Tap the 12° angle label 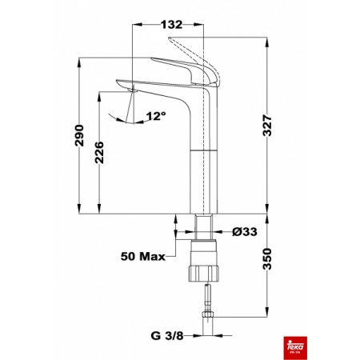pyautogui.click(x=156, y=117)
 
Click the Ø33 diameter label pyautogui.click(x=244, y=233)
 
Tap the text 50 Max pyautogui.click(x=142, y=257)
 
